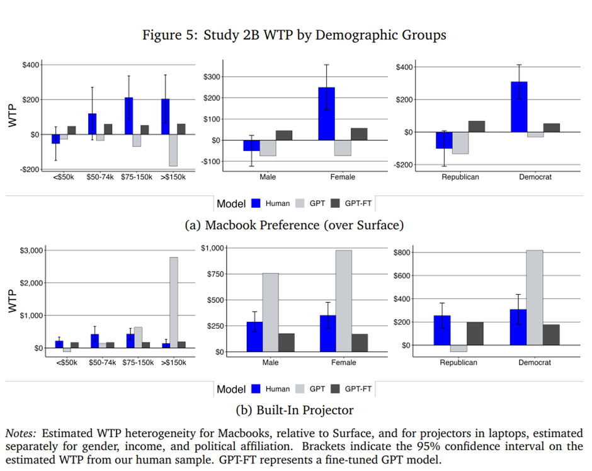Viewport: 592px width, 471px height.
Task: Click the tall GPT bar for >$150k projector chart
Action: [x=173, y=302]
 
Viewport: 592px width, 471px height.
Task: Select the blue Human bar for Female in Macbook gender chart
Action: [x=327, y=114]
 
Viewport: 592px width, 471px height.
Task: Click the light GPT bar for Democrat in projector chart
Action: [x=534, y=297]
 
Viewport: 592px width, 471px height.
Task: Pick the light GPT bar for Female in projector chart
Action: [x=343, y=301]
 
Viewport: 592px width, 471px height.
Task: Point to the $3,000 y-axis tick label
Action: [x=30, y=251]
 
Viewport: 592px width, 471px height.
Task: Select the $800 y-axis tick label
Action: [x=402, y=253]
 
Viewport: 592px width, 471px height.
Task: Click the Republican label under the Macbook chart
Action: [x=460, y=177]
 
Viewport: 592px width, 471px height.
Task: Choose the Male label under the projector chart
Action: [x=271, y=363]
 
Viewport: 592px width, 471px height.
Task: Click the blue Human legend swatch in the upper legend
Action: [x=256, y=203]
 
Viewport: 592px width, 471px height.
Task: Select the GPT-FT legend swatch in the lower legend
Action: [x=335, y=389]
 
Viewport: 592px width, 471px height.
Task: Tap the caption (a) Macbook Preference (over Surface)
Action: [x=295, y=225]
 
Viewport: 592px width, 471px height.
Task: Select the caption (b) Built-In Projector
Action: [x=295, y=411]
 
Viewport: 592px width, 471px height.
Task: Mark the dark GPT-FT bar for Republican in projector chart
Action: [x=475, y=334]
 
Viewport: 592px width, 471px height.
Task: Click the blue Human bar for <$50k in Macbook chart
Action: [x=55, y=139]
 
